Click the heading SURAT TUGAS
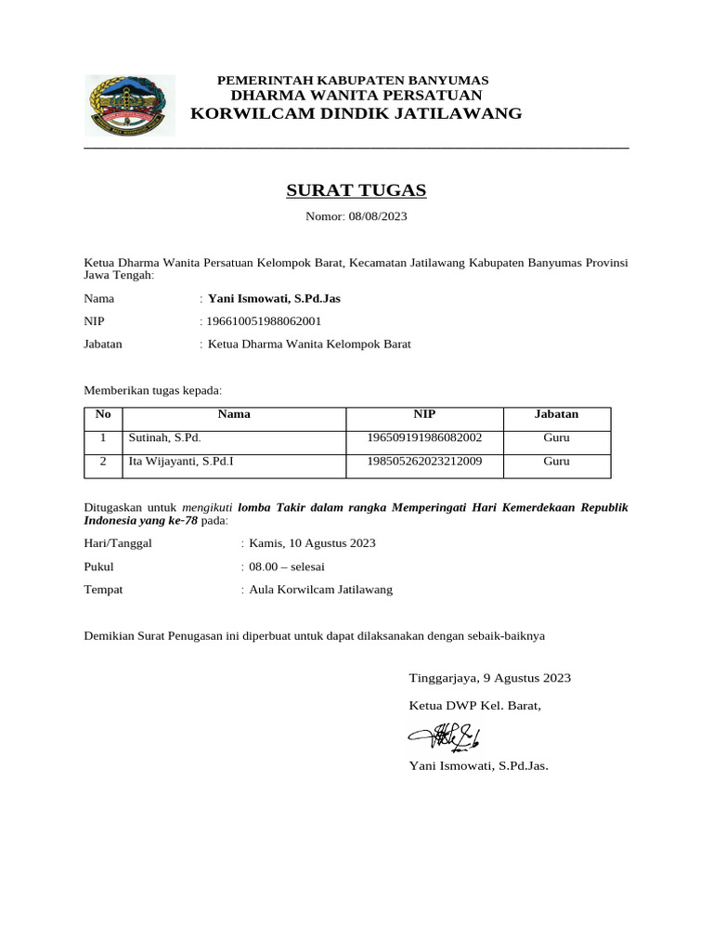point(356,190)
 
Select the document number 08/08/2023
point(378,216)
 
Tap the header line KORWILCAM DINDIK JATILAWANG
point(356,114)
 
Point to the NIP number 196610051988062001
point(264,321)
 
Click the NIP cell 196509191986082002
point(424,437)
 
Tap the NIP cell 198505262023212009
point(424,461)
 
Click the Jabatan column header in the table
point(556,414)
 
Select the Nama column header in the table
point(234,414)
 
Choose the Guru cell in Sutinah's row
point(556,437)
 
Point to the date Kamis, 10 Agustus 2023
point(312,543)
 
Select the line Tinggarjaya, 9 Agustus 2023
point(489,678)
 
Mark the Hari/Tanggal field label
point(118,543)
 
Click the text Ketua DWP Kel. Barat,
point(474,706)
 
